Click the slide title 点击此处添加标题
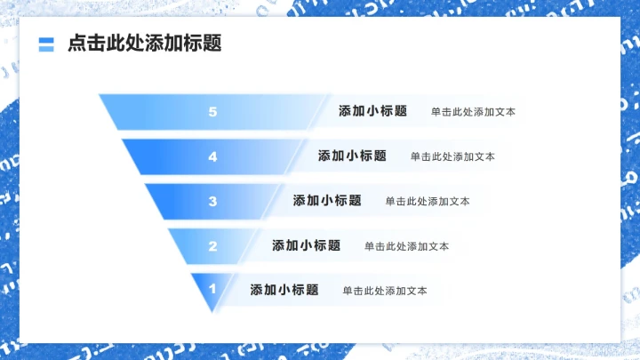pos(144,44)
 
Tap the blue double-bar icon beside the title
pos(47,44)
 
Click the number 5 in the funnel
pos(212,112)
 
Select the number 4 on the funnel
pos(212,156)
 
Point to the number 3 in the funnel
pos(212,201)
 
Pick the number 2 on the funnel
pos(212,245)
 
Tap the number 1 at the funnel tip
pos(212,289)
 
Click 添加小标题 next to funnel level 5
pos(372,112)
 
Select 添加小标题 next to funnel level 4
pos(352,156)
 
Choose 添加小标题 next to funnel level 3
pos(327,201)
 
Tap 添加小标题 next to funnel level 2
pos(306,245)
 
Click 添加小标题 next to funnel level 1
pos(284,290)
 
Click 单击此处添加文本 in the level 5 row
pos(473,113)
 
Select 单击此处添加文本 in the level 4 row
pos(452,156)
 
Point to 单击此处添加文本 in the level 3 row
pos(428,202)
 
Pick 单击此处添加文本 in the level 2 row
pos(406,246)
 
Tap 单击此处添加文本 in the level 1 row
pos(385,291)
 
